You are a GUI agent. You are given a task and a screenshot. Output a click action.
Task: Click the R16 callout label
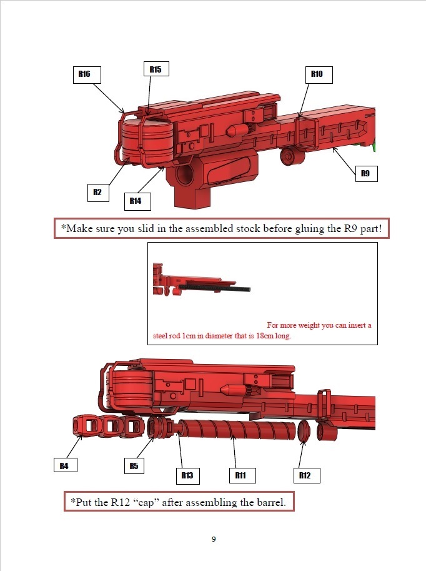pyautogui.click(x=87, y=74)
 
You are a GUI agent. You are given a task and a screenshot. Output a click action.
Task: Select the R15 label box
pyautogui.click(x=156, y=69)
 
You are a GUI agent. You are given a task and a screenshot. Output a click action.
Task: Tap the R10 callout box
pyautogui.click(x=319, y=74)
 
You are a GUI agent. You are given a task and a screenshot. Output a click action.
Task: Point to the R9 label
pyautogui.click(x=366, y=173)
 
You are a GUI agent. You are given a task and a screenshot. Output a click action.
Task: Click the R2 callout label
pyautogui.click(x=98, y=193)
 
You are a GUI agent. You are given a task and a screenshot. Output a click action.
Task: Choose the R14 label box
pyautogui.click(x=137, y=201)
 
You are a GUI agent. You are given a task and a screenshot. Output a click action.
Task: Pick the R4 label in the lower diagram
pyautogui.click(x=66, y=466)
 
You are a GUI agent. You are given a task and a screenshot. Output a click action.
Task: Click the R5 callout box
pyautogui.click(x=134, y=466)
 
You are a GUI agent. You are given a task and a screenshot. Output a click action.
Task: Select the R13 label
pyautogui.click(x=188, y=475)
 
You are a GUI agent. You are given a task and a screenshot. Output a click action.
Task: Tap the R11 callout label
pyautogui.click(x=242, y=475)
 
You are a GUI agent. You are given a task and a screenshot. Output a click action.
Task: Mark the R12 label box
pyautogui.click(x=307, y=475)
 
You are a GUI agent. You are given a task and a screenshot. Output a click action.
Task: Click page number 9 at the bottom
pyautogui.click(x=214, y=539)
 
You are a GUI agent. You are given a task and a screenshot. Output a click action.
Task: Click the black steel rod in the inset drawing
pyautogui.click(x=215, y=288)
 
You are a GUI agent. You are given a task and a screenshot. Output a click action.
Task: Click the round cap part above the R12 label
pyautogui.click(x=304, y=431)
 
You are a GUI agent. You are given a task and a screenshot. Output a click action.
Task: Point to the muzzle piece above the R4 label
pyautogui.click(x=86, y=425)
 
